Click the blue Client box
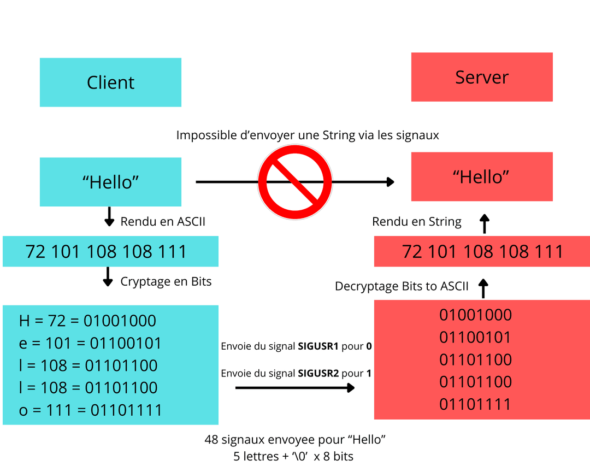pyautogui.click(x=110, y=82)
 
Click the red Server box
pyautogui.click(x=482, y=77)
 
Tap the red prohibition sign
pyautogui.click(x=295, y=182)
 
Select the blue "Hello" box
pyautogui.click(x=110, y=182)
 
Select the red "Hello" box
pyautogui.click(x=482, y=177)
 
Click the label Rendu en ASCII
pyautogui.click(x=163, y=222)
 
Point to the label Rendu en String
pyautogui.click(x=416, y=222)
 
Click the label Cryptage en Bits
pyautogui.click(x=166, y=281)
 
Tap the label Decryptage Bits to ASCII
pyautogui.click(x=402, y=286)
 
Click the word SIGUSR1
pyautogui.click(x=318, y=346)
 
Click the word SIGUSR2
pyautogui.click(x=318, y=373)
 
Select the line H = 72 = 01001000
pyautogui.click(x=87, y=321)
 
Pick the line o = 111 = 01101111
pyautogui.click(x=90, y=410)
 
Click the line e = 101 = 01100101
pyautogui.click(x=90, y=343)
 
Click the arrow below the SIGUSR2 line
pyautogui.click(x=295, y=388)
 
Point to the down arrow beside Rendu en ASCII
pyautogui.click(x=109, y=216)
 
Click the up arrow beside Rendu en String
pyautogui.click(x=484, y=224)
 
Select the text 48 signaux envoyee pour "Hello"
pyautogui.click(x=295, y=440)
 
